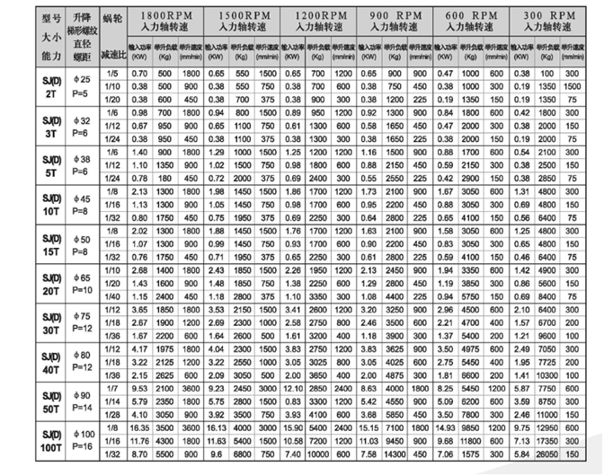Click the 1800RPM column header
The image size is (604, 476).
[x=167, y=15]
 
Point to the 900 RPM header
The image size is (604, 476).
[x=396, y=15]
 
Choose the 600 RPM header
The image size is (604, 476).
[x=471, y=15]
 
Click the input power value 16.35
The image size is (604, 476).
[x=139, y=429]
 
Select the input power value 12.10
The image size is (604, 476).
[x=293, y=389]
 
